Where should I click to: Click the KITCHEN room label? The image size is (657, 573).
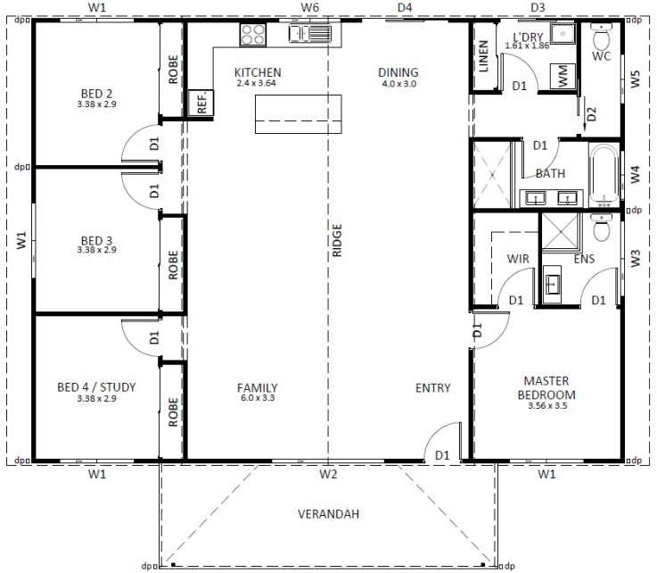point(258,72)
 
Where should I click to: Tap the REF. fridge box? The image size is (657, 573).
point(201,103)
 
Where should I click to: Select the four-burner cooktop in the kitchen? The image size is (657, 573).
point(252,35)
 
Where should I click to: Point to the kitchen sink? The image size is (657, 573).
point(310,33)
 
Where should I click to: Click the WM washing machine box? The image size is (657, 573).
point(563,77)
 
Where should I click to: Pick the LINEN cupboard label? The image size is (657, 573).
point(483,56)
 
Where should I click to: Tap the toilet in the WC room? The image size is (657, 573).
point(601,37)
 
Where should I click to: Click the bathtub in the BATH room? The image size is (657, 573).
point(604,175)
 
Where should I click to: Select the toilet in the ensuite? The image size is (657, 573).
point(601,228)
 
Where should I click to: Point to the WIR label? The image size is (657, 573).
point(518,259)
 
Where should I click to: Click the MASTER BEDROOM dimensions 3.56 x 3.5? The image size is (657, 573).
point(547,405)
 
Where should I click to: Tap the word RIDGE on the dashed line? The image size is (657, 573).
point(337,240)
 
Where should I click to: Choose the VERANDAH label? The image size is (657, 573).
point(328,514)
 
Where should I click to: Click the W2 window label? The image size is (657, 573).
point(328,474)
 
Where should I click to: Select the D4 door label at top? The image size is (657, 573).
point(405,7)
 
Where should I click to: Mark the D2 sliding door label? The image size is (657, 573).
point(591,113)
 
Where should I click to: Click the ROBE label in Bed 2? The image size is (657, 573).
point(173,70)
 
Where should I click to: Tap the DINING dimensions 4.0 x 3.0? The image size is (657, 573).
point(398,84)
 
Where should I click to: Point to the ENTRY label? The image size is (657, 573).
point(433,387)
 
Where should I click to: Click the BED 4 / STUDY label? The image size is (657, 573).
point(96,386)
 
